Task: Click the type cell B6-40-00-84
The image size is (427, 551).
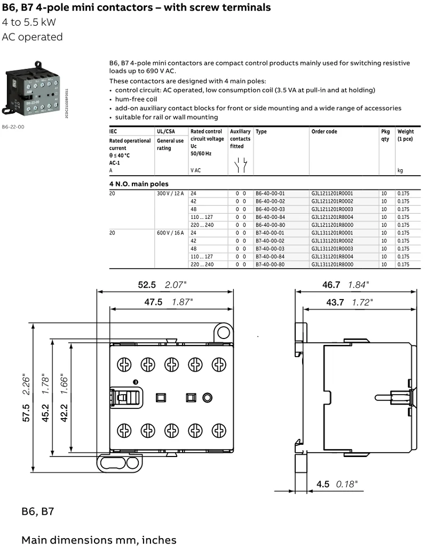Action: click(270, 217)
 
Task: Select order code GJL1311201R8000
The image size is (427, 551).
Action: click(331, 264)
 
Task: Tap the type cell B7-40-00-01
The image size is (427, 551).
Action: click(270, 233)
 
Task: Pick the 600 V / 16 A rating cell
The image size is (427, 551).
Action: click(170, 233)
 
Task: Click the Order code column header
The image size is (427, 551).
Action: click(324, 131)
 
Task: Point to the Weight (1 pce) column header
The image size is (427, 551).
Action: click(405, 135)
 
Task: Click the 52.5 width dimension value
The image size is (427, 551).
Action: click(147, 285)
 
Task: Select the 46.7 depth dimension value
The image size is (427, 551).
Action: click(330, 285)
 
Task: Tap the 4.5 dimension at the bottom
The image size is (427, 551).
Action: click(322, 484)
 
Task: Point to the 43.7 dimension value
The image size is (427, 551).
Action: click(335, 302)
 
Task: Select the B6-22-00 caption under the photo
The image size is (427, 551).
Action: click(13, 127)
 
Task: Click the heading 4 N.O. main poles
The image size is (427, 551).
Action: click(138, 184)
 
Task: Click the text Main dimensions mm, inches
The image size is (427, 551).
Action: click(99, 540)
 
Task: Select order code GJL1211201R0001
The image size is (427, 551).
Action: click(331, 193)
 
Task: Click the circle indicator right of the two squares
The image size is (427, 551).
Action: click(208, 397)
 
